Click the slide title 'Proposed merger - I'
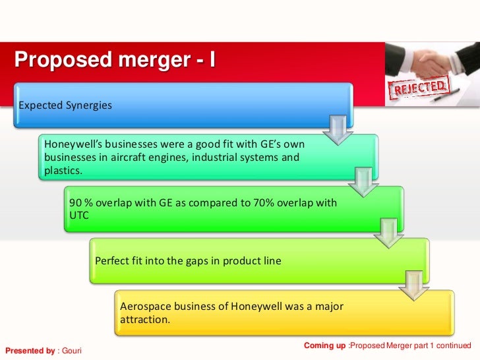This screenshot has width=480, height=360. pyautogui.click(x=115, y=60)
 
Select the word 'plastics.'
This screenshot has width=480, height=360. pyautogui.click(x=63, y=170)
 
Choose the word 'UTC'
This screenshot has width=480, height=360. pyautogui.click(x=79, y=216)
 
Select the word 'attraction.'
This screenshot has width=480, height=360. pyautogui.click(x=145, y=320)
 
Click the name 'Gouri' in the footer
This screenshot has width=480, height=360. pyautogui.click(x=71, y=351)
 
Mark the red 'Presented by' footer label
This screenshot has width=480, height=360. pyautogui.click(x=30, y=351)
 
